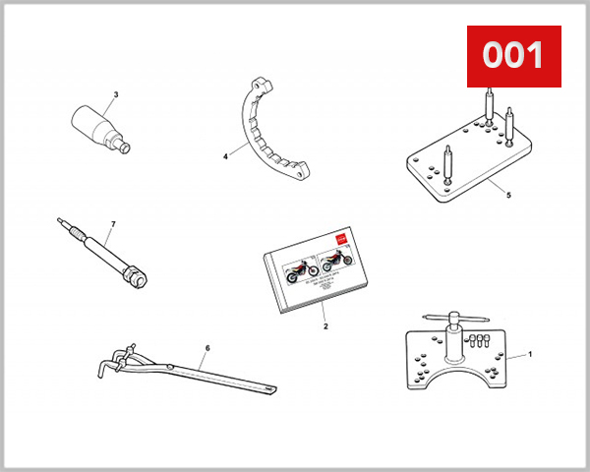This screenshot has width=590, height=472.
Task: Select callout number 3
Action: click(115, 95)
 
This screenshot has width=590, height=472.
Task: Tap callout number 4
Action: click(225, 155)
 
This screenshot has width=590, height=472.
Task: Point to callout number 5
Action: click(508, 196)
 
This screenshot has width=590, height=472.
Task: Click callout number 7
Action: click(113, 224)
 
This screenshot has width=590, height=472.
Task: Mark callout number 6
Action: click(207, 347)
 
